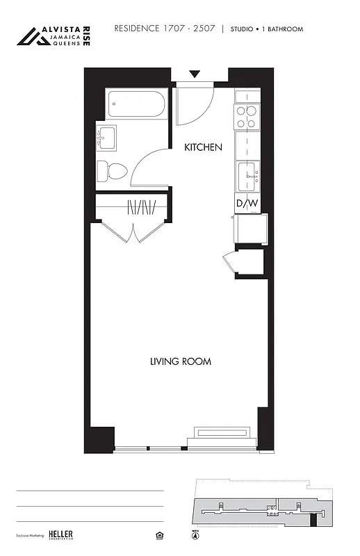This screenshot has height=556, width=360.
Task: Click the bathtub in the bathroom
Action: click(x=136, y=105)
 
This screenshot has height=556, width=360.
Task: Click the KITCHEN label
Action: click(x=203, y=147)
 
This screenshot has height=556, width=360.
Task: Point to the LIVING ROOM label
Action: click(x=181, y=361)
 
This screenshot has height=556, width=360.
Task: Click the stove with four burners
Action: click(x=247, y=116)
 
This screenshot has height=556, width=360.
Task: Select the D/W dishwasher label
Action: click(x=247, y=204)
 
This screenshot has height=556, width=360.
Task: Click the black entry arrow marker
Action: click(x=195, y=74)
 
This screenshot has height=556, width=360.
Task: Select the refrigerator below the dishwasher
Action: click(x=250, y=229)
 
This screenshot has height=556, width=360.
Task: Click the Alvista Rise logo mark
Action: click(x=33, y=36)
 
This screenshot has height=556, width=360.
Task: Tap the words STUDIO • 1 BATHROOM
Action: click(x=267, y=29)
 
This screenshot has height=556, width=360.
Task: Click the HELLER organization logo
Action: click(x=60, y=534)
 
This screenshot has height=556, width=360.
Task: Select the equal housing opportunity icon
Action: click(x=157, y=535)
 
